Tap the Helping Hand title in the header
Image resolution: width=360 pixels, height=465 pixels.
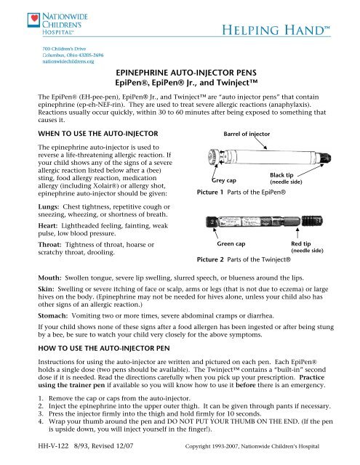point(281,31)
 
